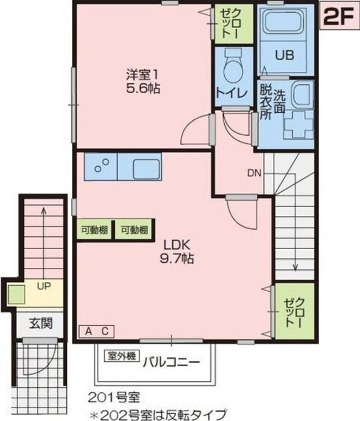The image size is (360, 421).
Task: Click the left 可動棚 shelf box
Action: (x=94, y=230)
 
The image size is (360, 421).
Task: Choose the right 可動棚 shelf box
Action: (x=135, y=230)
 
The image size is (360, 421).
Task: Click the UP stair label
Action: (x=43, y=285)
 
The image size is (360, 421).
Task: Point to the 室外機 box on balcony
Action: (x=122, y=355)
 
